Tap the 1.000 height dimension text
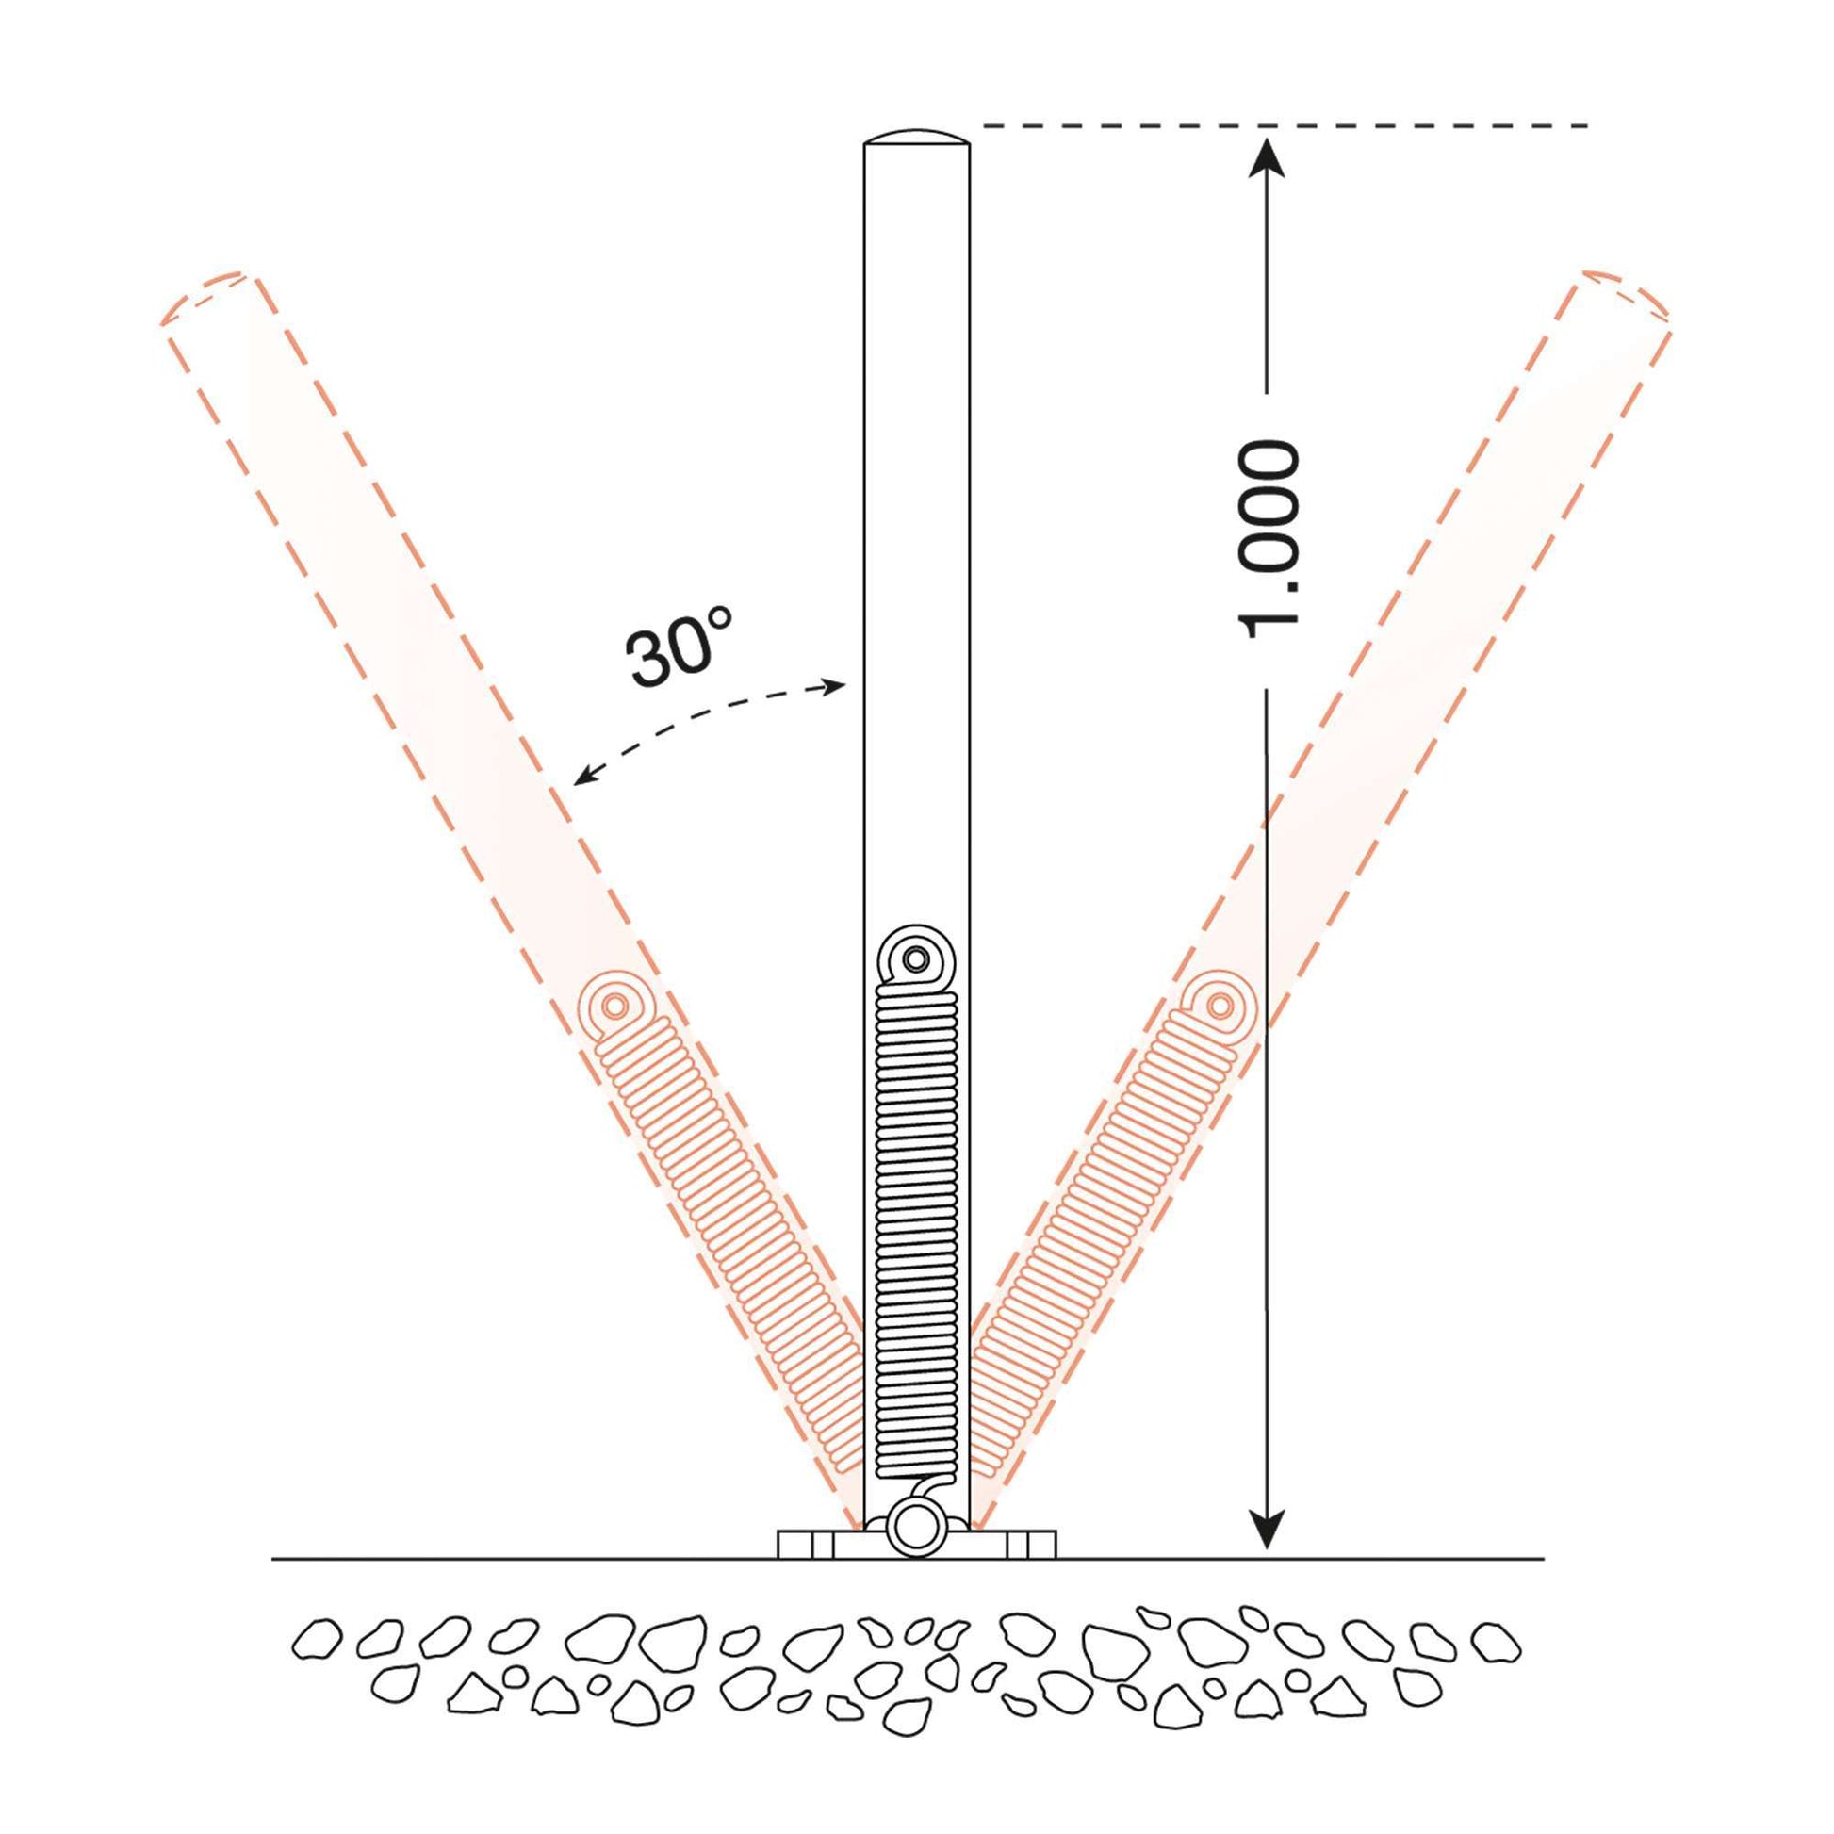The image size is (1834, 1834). [1269, 539]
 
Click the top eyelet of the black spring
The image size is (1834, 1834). [916, 959]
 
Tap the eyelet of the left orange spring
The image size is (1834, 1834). [614, 1006]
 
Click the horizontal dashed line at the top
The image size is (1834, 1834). [1282, 125]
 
